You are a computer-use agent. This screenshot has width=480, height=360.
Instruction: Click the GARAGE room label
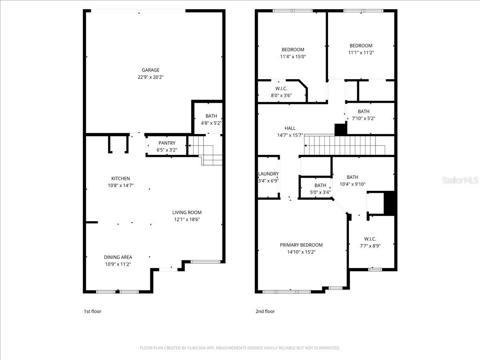150,70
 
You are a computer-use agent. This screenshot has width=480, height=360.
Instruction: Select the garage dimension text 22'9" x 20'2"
150,77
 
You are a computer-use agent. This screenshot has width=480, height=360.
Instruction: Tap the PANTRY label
167,143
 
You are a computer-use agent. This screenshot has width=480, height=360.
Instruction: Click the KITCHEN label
120,178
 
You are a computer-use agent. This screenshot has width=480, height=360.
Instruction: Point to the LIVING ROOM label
187,212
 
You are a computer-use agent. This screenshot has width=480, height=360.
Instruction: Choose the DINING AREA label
118,257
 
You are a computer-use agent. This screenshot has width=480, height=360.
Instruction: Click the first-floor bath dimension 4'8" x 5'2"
211,123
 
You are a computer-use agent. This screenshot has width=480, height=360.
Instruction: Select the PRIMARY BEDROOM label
301,245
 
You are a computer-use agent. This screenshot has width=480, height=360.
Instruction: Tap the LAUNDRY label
268,174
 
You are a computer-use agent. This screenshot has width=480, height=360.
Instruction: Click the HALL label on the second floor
290,128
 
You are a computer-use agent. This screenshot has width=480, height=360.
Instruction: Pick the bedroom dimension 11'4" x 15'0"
293,57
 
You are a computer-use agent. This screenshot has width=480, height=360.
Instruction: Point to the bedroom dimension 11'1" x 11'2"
361,52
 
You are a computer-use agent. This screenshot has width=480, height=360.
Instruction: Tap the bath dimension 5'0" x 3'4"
320,192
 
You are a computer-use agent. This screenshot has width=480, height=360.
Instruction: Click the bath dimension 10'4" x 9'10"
352,184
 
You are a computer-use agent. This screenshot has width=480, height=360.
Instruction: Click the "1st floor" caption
92,311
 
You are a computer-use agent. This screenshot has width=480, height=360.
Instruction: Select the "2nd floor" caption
265,311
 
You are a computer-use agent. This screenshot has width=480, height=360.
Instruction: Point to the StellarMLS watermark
460,180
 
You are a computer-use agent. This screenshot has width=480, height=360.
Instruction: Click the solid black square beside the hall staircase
340,129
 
